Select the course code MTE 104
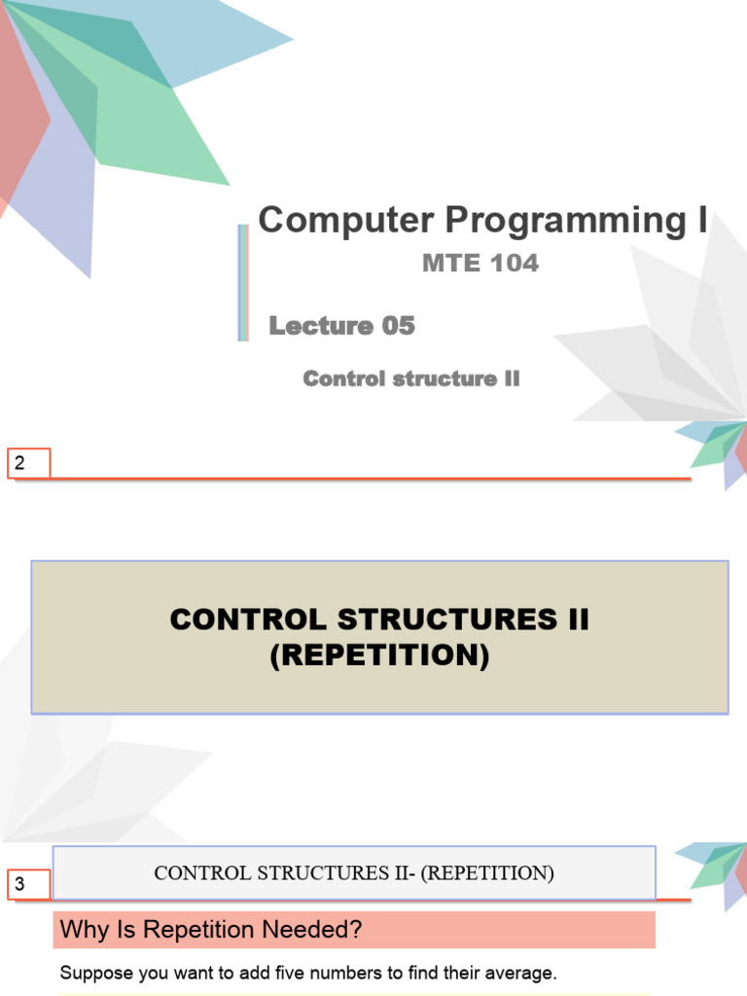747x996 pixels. coord(480,263)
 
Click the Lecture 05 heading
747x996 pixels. coord(341,326)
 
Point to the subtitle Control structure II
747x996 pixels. coord(410,378)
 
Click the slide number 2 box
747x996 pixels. coord(28,464)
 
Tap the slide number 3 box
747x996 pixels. coord(28,884)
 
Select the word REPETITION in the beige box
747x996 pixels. coord(379,657)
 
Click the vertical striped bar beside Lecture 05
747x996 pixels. coord(242,283)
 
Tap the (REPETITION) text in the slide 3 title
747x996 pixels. coord(488,873)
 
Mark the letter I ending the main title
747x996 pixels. coord(702,221)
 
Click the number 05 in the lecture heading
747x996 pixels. coord(399,326)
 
